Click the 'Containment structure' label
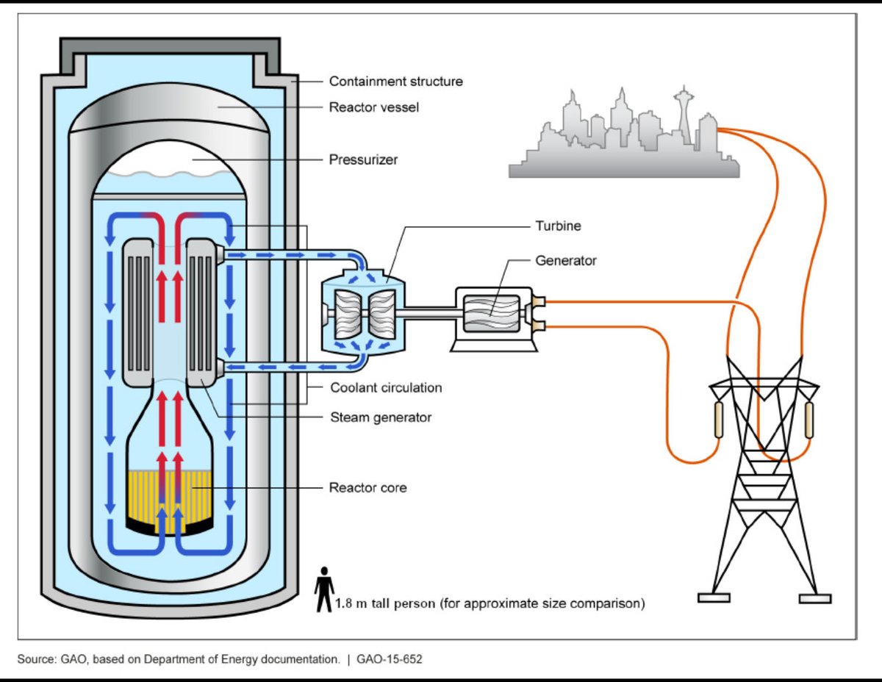(x=395, y=82)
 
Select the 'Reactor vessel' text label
(x=374, y=107)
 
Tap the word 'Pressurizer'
(x=363, y=160)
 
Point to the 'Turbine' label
(x=558, y=226)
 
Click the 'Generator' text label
(x=566, y=260)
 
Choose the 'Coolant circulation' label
(x=386, y=388)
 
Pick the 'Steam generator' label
(x=381, y=417)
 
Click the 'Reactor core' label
(x=367, y=488)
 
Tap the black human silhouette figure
(x=324, y=589)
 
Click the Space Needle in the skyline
(x=684, y=115)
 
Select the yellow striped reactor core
(x=170, y=501)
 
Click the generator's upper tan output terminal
(x=538, y=301)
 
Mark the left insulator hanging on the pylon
(x=718, y=420)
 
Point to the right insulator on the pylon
(x=809, y=420)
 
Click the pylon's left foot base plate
(x=714, y=598)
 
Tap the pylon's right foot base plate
(x=815, y=599)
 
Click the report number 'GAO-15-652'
(x=390, y=659)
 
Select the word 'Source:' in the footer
(x=37, y=659)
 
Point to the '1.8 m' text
(x=351, y=603)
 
